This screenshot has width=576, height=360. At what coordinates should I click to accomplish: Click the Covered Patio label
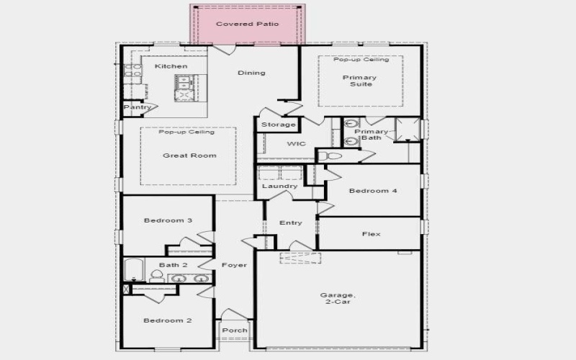coord(247,24)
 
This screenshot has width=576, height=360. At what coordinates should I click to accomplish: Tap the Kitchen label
coord(171,66)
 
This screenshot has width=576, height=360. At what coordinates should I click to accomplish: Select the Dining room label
coord(251,72)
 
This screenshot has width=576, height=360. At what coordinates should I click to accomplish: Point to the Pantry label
coord(137,107)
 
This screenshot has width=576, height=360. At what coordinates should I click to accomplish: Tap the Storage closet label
coord(278,125)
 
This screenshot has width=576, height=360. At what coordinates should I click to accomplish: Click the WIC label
coord(296,143)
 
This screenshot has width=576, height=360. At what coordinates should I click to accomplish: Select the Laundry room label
coord(279,186)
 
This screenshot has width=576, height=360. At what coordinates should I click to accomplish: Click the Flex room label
coord(371,234)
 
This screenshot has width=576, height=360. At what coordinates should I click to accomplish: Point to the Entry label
coord(290,222)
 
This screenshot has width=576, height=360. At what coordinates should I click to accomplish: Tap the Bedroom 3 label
coord(167,220)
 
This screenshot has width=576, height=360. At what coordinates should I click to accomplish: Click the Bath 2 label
coord(173,265)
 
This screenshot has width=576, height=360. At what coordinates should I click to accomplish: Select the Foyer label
coord(234,265)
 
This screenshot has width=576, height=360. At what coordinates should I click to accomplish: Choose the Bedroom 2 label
coord(167,320)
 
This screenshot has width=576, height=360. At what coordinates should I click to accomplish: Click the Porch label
coord(234,330)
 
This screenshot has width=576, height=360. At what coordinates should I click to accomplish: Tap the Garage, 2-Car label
coord(337,299)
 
